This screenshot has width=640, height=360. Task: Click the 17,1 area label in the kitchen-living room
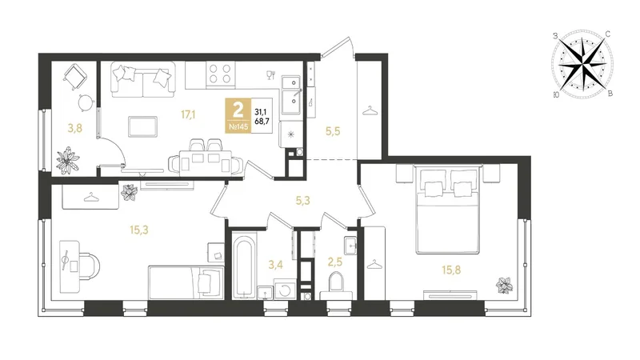(188, 114)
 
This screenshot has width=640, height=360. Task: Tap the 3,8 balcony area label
(75, 129)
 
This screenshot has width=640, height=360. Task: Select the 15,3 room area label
(138, 230)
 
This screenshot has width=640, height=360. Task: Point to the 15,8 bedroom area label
(451, 270)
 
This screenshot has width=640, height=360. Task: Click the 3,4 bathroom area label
(275, 266)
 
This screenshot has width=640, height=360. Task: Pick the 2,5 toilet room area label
(335, 262)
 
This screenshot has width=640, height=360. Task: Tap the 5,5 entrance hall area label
(333, 131)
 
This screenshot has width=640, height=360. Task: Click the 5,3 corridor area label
(302, 201)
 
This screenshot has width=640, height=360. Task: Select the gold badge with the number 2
(238, 115)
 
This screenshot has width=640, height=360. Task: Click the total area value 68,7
(262, 122)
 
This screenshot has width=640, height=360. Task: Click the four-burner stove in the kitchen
(221, 74)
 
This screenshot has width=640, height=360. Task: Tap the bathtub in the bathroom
(245, 265)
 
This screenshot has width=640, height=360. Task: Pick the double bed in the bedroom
(447, 210)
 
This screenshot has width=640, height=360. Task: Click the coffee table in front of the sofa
(142, 126)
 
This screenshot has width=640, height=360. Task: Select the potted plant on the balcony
(68, 161)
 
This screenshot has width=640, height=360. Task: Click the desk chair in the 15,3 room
(89, 266)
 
